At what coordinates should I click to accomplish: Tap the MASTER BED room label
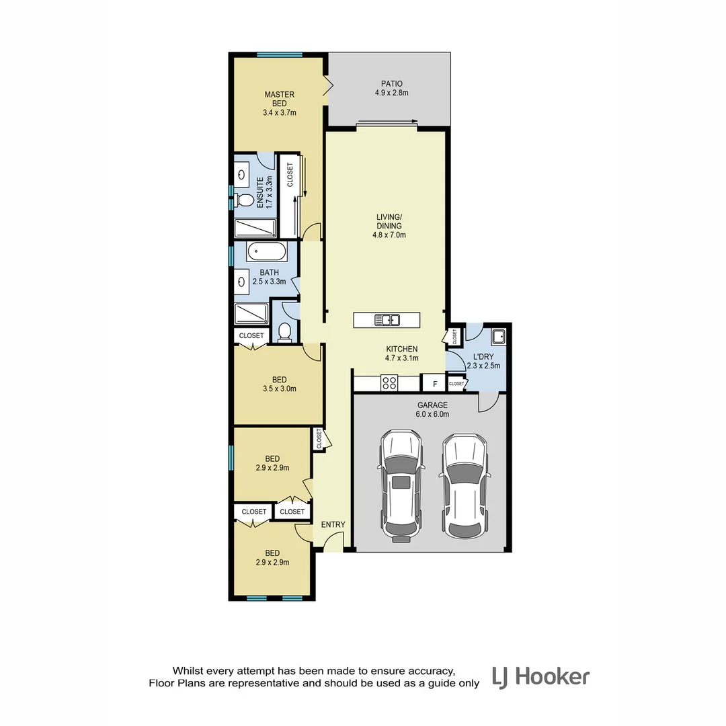[279, 99]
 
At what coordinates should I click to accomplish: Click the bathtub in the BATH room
[267, 253]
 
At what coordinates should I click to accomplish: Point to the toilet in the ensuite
[245, 200]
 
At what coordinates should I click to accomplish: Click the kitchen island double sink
[387, 321]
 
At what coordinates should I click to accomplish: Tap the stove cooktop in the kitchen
[389, 383]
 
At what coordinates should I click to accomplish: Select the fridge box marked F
[435, 384]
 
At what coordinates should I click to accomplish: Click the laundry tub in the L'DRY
[497, 335]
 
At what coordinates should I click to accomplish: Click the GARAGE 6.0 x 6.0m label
[432, 409]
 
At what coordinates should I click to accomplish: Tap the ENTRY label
[333, 525]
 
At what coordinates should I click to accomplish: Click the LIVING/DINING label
[389, 226]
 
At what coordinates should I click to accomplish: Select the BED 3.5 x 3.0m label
[279, 383]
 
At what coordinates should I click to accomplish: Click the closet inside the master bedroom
[290, 195]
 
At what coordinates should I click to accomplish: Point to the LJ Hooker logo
[540, 676]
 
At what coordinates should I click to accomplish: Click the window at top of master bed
[279, 54]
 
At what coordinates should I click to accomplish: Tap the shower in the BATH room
[251, 314]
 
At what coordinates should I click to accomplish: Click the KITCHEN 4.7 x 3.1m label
[402, 354]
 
